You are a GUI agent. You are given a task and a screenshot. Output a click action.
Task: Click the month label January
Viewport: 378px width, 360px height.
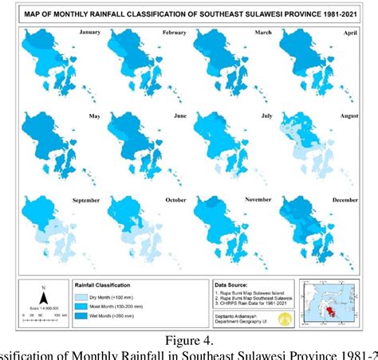coord(91,33)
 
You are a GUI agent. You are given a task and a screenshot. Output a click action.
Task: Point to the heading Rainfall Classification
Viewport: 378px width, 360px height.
coord(122,284)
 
